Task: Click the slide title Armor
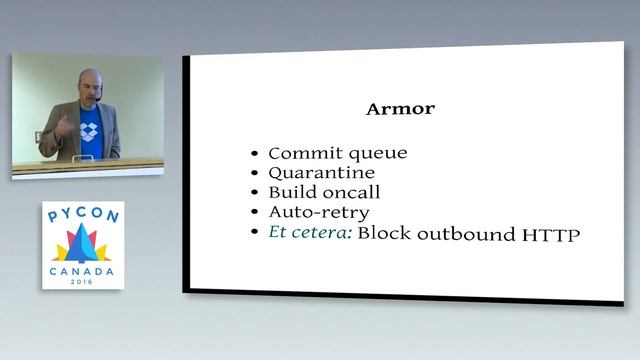coord(401,109)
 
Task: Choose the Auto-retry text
coord(319,213)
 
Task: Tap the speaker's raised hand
coord(63,125)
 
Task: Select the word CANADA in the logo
coord(83,271)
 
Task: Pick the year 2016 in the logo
coord(83,282)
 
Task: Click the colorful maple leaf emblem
coord(83,244)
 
